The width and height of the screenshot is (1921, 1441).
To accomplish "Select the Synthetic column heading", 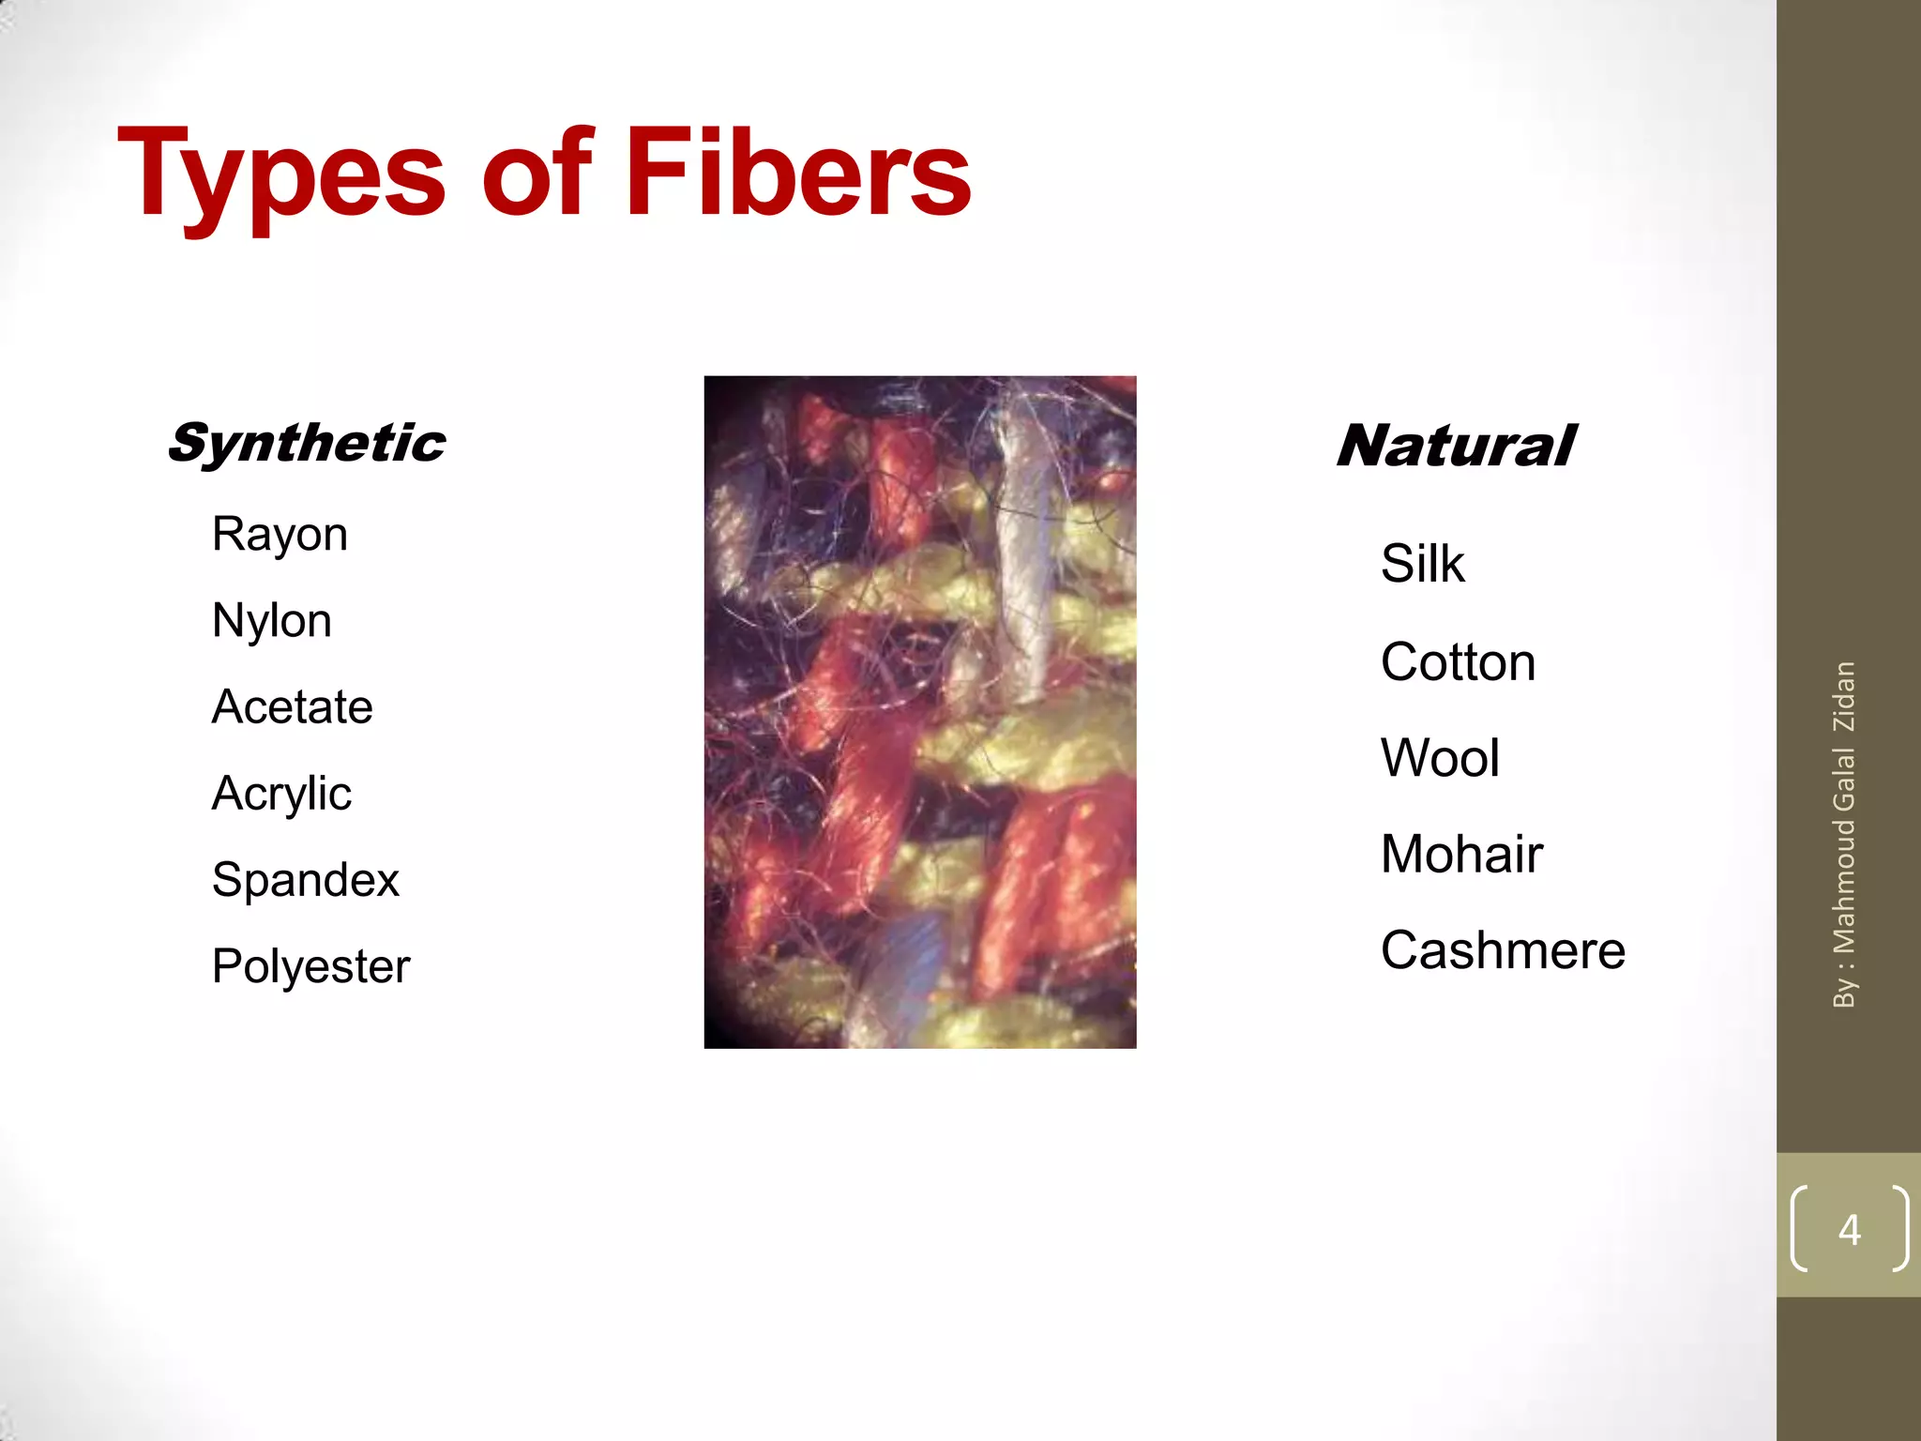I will [307, 443].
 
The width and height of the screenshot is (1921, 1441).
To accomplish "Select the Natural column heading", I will [1455, 446].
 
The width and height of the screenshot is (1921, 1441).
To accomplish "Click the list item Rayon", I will [280, 535].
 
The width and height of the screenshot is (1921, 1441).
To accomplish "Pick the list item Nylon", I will [271, 621].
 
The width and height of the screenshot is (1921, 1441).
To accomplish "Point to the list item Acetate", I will [292, 707].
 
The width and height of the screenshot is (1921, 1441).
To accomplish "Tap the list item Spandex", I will [306, 880].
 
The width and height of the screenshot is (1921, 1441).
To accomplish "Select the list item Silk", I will [1422, 564].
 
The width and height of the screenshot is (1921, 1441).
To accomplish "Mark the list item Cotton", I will [1458, 662].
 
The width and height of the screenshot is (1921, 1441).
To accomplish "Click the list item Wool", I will [1440, 758].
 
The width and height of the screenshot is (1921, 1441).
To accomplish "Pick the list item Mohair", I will [1461, 855].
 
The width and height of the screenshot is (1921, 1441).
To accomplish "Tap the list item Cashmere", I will [1503, 950].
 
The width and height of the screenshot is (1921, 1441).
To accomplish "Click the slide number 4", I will [1849, 1229].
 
